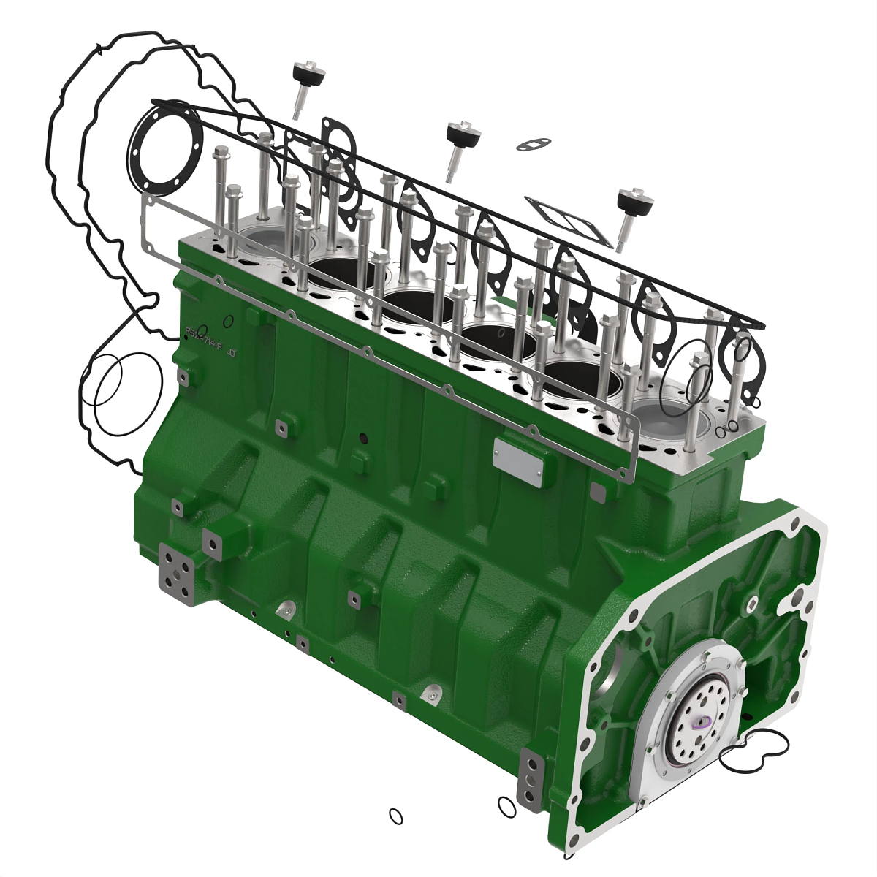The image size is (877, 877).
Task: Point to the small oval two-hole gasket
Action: [534, 144]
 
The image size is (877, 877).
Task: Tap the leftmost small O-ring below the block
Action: [395, 815]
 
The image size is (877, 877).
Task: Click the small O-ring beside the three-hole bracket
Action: [505, 806]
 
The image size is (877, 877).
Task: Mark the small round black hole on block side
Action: [362, 438]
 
